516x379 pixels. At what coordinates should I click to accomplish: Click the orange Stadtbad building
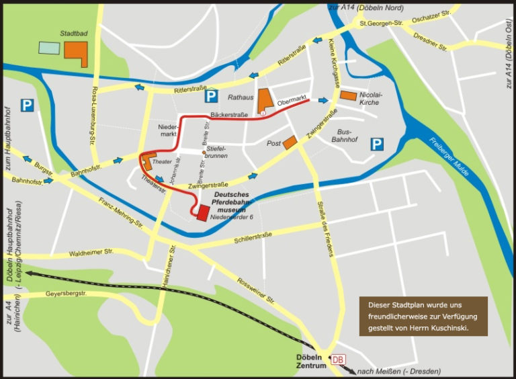click(x=75, y=52)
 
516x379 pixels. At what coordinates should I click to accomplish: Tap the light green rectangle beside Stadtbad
click(x=48, y=48)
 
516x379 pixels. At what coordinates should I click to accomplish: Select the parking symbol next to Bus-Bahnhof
click(x=378, y=143)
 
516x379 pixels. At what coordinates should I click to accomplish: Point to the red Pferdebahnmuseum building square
click(x=203, y=212)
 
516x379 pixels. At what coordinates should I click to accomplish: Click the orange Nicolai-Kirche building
click(x=348, y=95)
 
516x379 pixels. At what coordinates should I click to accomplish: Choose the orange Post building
click(x=290, y=143)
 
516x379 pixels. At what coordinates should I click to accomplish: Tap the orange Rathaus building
click(x=265, y=101)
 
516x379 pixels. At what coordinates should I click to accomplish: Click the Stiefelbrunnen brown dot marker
click(x=204, y=153)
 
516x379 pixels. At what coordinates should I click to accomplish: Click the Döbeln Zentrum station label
click(x=311, y=361)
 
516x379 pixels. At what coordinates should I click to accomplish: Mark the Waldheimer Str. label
click(x=91, y=251)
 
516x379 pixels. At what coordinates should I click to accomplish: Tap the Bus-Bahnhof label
click(x=347, y=136)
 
